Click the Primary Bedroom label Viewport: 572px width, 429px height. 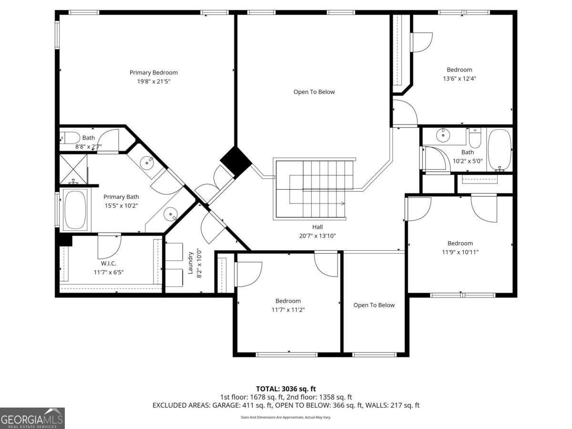point(153,72)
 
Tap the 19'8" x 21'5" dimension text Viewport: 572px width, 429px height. point(153,82)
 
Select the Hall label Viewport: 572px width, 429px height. point(318,227)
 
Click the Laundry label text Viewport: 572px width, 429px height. point(190,263)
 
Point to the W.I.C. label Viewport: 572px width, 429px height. point(109,263)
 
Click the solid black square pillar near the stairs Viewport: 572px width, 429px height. point(235,160)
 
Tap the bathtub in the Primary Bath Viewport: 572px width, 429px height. point(75,210)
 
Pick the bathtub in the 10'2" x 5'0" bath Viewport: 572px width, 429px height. point(500,149)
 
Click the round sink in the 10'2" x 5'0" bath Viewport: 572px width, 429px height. point(444,135)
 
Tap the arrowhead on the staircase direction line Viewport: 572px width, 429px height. point(343,204)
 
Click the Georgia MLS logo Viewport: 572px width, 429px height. point(32,418)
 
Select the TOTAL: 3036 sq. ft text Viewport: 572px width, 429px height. point(286,389)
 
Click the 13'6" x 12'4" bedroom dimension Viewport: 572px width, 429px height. point(460,79)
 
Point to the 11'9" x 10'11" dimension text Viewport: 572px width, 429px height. point(460,252)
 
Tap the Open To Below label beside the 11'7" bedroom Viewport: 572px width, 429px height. point(374,305)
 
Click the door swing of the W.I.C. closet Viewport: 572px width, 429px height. point(109,244)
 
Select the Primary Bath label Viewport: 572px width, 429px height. point(121,197)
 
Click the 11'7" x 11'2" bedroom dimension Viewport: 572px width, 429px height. point(288,310)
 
